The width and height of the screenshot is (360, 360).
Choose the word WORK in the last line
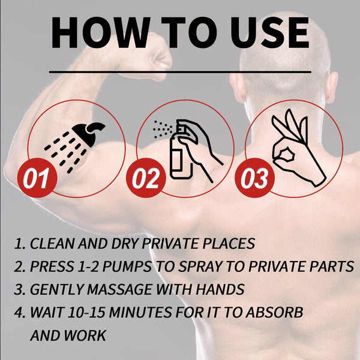[85, 335]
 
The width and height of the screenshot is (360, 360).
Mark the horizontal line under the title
[180, 72]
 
